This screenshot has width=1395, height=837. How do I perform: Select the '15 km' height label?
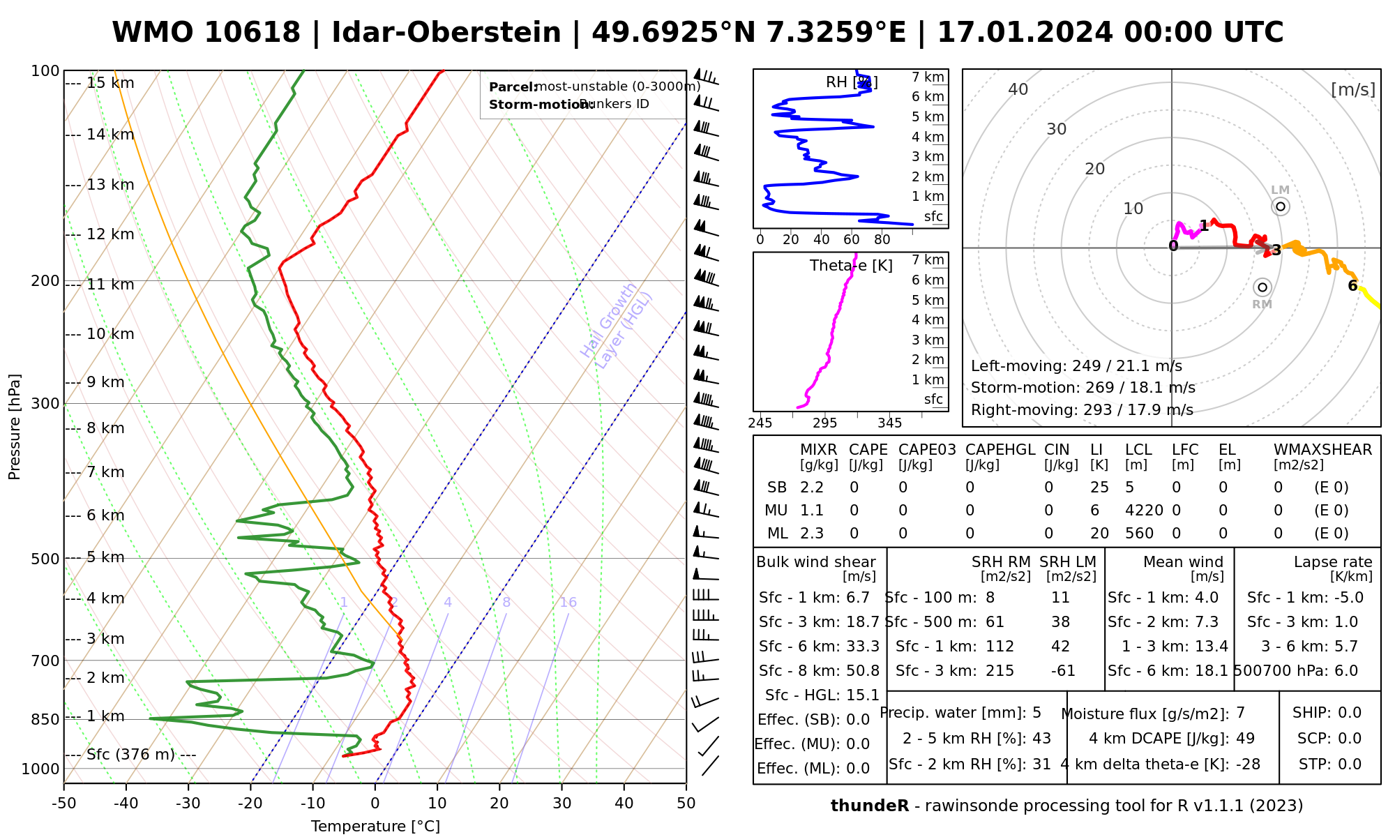click(110, 84)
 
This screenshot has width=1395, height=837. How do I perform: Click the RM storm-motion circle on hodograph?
click(1262, 287)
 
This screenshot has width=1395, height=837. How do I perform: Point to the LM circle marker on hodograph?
click(1280, 206)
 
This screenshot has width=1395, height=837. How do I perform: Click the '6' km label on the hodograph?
click(1352, 286)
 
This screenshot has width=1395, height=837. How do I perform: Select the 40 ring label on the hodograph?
click(1018, 89)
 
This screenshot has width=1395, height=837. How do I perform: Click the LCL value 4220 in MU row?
click(1144, 511)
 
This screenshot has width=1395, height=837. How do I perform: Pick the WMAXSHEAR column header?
click(1322, 450)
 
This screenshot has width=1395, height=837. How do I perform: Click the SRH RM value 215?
click(1000, 671)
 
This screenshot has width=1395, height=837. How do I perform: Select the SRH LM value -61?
click(1063, 671)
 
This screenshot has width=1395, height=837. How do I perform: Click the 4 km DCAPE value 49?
click(1245, 739)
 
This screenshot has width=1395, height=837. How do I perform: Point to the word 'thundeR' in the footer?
click(869, 806)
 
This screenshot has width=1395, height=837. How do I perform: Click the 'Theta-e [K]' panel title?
click(851, 266)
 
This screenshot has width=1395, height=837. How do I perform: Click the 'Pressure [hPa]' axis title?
click(15, 427)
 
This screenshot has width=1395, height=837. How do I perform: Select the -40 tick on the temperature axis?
click(126, 804)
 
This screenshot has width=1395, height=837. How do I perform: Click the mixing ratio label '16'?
click(568, 603)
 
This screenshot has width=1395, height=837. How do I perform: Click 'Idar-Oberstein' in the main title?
click(446, 33)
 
